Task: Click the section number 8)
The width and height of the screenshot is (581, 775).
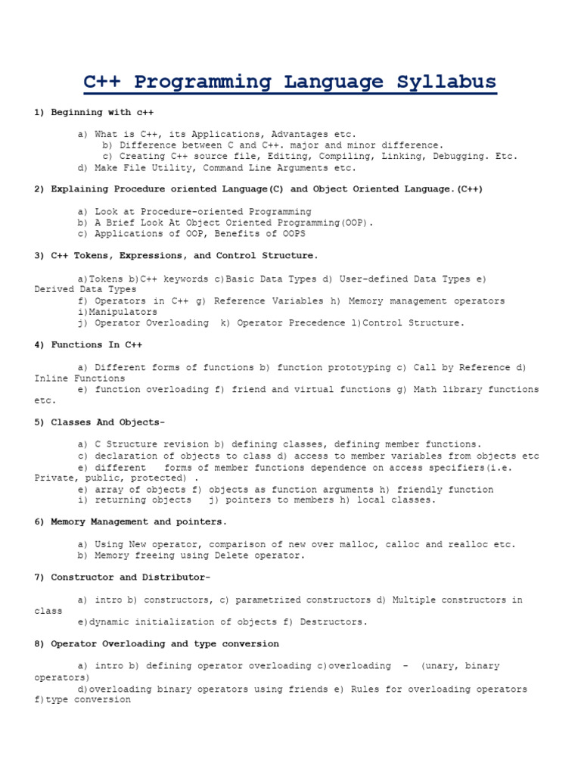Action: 40,643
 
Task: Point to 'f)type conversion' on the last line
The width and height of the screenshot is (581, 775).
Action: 82,700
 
